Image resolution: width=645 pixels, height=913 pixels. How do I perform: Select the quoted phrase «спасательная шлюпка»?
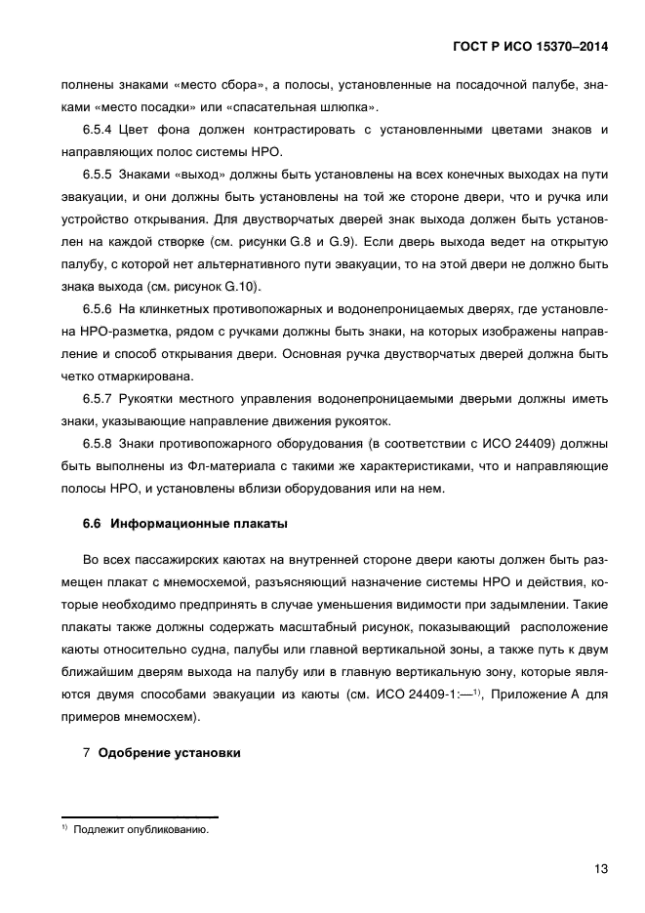(321, 107)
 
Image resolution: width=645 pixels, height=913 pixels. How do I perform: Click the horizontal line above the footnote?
(140, 816)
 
